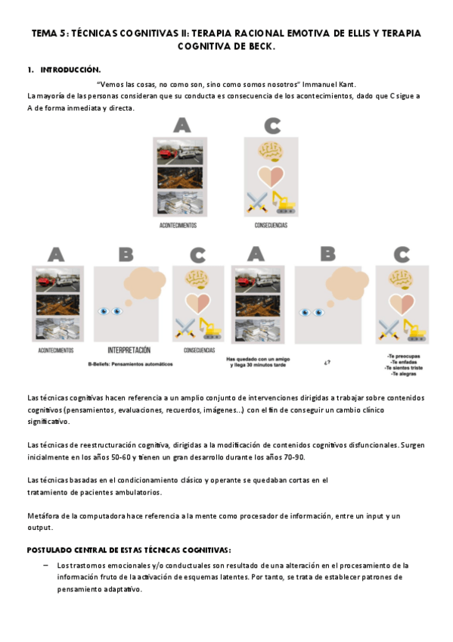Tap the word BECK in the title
[261, 47]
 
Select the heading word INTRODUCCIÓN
[70, 70]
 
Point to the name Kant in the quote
[347, 85]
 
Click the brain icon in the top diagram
[271, 151]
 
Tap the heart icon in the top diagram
[271, 176]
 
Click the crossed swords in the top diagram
[257, 202]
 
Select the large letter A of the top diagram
[182, 125]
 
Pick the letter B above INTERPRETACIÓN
[126, 254]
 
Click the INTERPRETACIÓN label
[129, 350]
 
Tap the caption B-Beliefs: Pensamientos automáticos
[130, 364]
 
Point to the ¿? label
[327, 363]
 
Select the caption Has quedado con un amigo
[258, 359]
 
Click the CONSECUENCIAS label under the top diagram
[271, 225]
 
